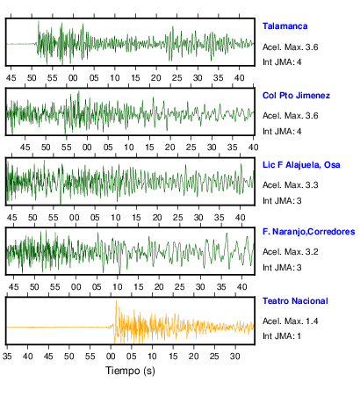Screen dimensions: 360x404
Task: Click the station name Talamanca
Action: tap(284, 26)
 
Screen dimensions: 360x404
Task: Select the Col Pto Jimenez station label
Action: tap(296, 96)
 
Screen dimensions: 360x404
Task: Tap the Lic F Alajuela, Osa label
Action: tap(301, 165)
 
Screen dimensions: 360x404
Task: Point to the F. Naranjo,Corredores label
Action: tap(309, 232)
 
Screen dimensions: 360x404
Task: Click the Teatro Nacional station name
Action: tap(295, 301)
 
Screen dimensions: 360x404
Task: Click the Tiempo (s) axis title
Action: tap(130, 371)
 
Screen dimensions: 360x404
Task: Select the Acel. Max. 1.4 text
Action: tap(290, 321)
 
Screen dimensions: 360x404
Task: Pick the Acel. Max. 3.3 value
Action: tap(290, 185)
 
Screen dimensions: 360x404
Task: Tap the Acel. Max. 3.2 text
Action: tap(290, 252)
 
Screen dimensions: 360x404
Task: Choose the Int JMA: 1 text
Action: tap(282, 335)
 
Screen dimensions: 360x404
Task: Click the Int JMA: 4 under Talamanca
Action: tap(282, 62)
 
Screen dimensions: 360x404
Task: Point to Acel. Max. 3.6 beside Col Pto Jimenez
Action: tap(290, 116)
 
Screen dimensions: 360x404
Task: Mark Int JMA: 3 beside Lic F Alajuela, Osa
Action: tap(282, 201)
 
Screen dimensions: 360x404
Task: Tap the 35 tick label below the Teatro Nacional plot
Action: tap(7, 357)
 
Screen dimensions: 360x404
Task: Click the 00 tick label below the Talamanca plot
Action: tap(73, 78)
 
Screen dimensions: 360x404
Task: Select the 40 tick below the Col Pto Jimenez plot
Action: tap(253, 148)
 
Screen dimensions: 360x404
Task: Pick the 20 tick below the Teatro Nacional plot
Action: tap(193, 357)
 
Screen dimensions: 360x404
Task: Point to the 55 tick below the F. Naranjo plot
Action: tap(54, 287)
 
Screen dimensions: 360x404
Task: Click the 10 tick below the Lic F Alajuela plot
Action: tap(116, 218)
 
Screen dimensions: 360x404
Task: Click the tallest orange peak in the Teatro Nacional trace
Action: tap(116, 300)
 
